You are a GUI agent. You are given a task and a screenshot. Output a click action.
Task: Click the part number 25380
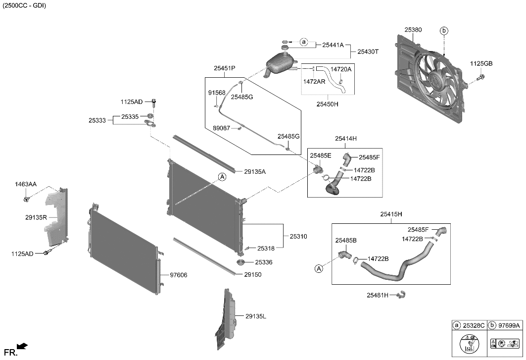pyautogui.click(x=413, y=30)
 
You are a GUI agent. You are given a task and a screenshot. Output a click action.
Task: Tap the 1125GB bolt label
pyautogui.click(x=481, y=64)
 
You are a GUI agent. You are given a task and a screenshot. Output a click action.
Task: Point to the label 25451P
pyautogui.click(x=225, y=69)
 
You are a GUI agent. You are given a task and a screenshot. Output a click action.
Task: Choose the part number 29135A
pyautogui.click(x=255, y=172)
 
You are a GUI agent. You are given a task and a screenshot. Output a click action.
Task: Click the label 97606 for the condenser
pyautogui.click(x=178, y=275)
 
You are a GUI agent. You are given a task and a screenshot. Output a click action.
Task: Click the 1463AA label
pyautogui.click(x=25, y=185)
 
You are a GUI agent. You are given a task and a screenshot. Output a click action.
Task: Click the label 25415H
pyautogui.click(x=391, y=214)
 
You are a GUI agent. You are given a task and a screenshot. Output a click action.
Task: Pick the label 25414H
pyautogui.click(x=345, y=139)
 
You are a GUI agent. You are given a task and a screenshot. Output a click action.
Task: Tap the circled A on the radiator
pyautogui.click(x=222, y=177)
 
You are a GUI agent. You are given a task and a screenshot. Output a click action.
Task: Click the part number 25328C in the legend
pyautogui.click(x=474, y=326)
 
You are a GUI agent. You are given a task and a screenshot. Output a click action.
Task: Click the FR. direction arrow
pyautogui.click(x=22, y=346)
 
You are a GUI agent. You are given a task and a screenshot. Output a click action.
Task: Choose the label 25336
pyautogui.click(x=264, y=262)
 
